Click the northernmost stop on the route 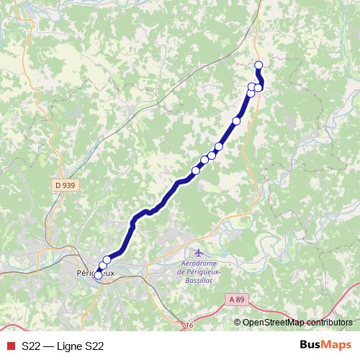click(x=258, y=66)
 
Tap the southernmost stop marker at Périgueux click(x=98, y=275)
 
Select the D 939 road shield click(x=65, y=185)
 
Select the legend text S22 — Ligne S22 click(x=63, y=346)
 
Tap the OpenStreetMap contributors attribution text click(x=297, y=323)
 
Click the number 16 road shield click(x=189, y=326)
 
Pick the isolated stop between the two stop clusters click(x=236, y=121)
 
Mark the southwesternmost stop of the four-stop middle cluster click(x=195, y=171)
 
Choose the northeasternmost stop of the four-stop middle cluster click(x=219, y=147)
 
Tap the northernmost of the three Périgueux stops click(x=107, y=260)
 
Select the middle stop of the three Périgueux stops click(x=102, y=266)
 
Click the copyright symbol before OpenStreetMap click(x=238, y=323)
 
